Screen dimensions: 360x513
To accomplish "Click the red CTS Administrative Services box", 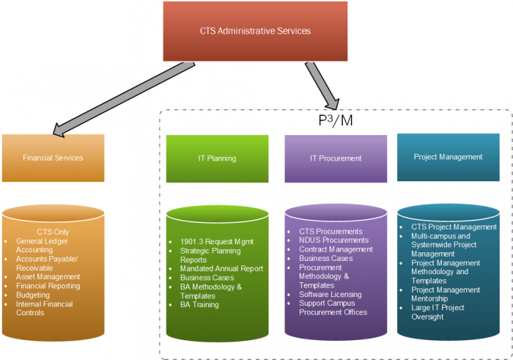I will click(255, 32).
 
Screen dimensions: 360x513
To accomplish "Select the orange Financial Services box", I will click(53, 158).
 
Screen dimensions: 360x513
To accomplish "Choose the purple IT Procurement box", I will click(336, 158).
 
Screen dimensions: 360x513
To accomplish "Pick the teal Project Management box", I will click(448, 157).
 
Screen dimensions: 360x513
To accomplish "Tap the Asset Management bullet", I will click(48, 276).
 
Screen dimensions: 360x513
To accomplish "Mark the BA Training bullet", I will click(199, 304).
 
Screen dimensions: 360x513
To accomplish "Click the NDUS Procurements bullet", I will click(333, 240).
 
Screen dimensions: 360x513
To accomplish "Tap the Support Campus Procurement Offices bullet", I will click(333, 308).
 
